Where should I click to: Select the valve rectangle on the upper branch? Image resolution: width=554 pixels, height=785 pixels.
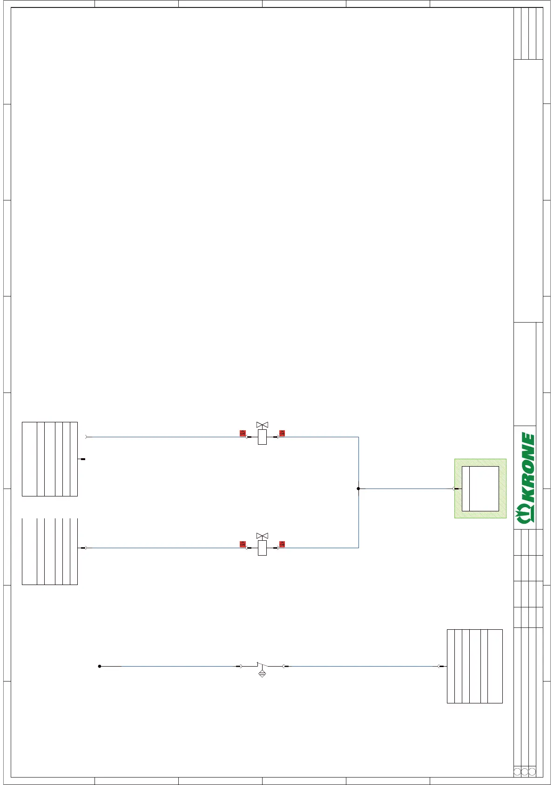[x=262, y=437]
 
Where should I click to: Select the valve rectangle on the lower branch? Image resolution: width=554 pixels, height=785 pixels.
[x=262, y=548]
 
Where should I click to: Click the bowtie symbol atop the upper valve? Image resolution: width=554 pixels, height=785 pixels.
[x=262, y=425]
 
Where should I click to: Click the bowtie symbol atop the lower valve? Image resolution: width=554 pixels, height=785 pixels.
[x=262, y=536]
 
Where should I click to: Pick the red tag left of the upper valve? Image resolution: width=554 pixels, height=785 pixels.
[x=243, y=433]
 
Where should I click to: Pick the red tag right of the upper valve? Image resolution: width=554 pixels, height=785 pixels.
[x=282, y=433]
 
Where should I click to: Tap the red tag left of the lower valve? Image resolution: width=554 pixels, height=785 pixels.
[x=243, y=544]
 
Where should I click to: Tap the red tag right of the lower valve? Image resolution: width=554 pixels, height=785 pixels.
[x=282, y=544]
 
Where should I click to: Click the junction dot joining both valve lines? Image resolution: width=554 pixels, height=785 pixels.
[x=358, y=489]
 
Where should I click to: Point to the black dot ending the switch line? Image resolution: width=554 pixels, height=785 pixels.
[x=100, y=666]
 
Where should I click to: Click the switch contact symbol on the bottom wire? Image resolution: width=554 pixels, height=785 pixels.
[x=262, y=665]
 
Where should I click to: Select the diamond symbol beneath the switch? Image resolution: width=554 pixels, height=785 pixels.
[x=262, y=673]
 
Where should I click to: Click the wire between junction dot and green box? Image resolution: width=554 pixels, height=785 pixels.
[x=405, y=489]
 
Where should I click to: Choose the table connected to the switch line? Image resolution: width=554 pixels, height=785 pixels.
[x=474, y=666]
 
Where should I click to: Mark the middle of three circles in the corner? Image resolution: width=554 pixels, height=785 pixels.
[x=525, y=771]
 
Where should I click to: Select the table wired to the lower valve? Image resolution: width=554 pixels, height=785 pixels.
[x=49, y=551]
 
